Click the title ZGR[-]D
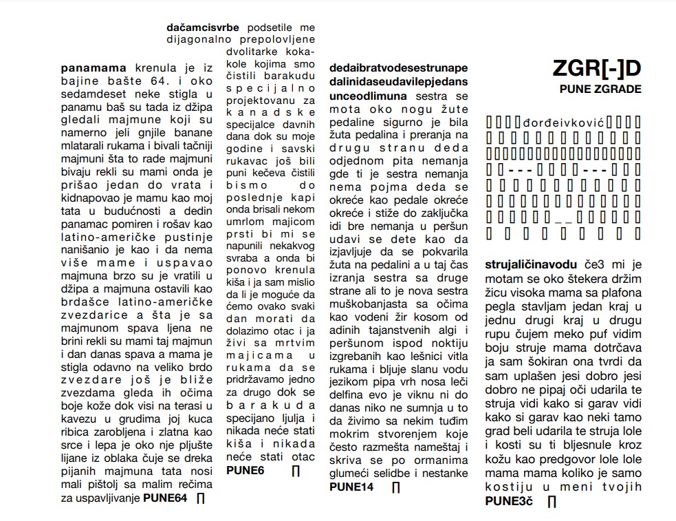(x=596, y=69)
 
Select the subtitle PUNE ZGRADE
(x=600, y=89)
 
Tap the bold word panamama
(x=94, y=69)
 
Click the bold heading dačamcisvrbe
(x=203, y=28)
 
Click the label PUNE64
(x=165, y=498)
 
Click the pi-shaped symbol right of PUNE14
(x=396, y=488)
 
